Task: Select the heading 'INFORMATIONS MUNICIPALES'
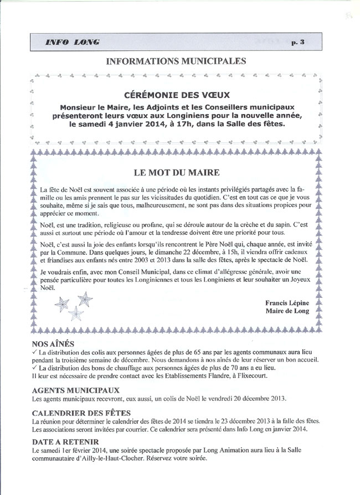coord(176,60)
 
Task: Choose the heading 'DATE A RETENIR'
coord(66,442)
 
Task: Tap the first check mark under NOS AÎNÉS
coord(35,352)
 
